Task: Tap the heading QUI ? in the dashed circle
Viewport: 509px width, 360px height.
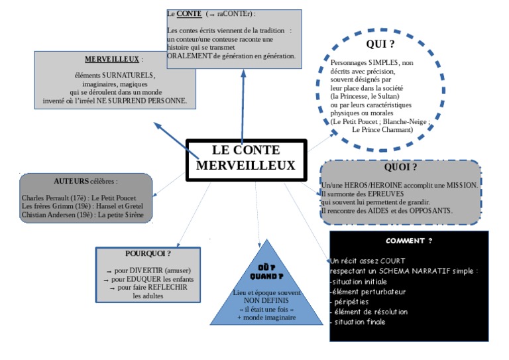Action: (x=380, y=44)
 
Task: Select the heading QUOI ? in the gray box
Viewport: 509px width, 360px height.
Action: (x=400, y=167)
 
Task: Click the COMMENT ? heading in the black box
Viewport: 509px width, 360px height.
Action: (x=409, y=241)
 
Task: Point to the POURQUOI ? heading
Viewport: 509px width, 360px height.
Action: (x=148, y=253)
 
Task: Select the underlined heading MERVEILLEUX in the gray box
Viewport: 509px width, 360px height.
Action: (x=112, y=59)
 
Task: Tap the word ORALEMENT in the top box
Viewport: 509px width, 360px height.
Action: (x=190, y=56)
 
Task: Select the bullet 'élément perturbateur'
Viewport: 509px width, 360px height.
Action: (x=368, y=292)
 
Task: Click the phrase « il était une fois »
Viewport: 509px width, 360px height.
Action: (x=266, y=309)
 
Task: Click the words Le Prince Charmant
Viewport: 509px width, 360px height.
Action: (x=382, y=130)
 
